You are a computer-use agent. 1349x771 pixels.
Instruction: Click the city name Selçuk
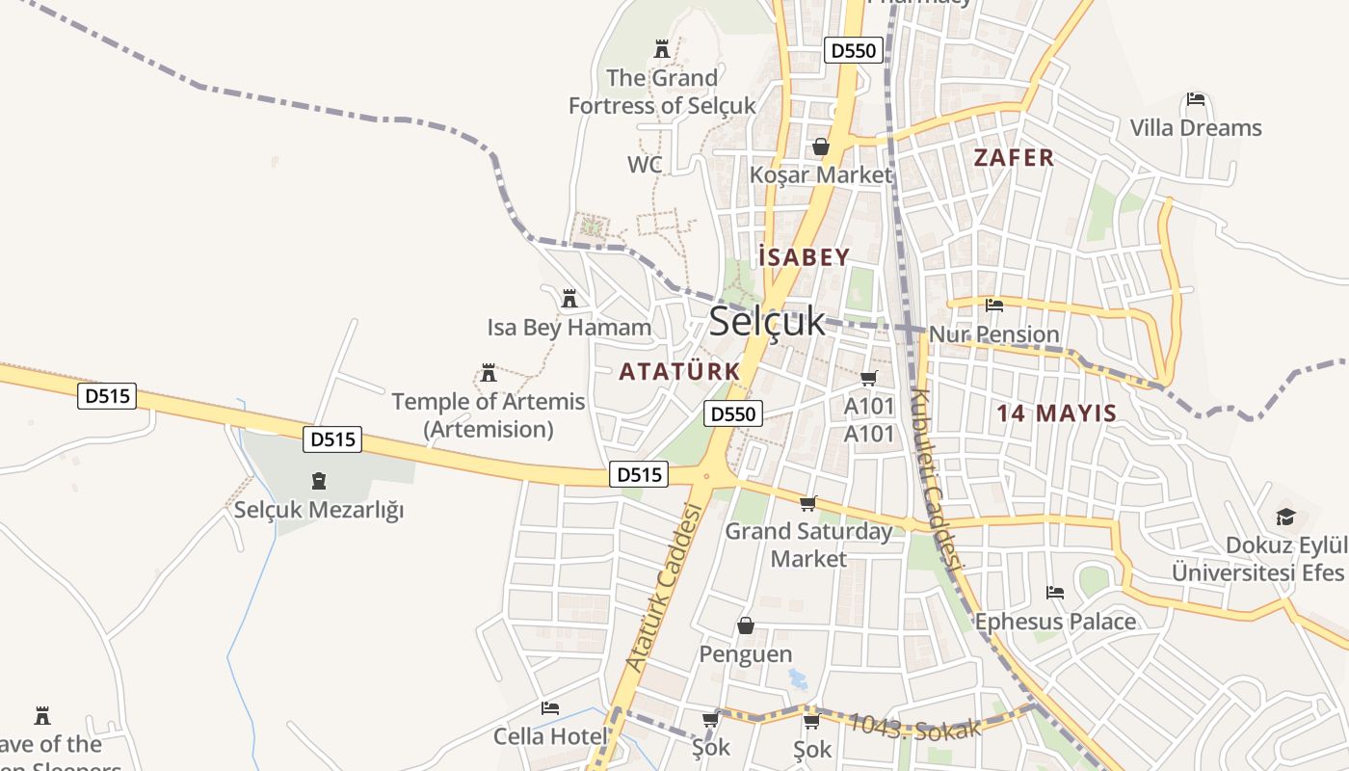[767, 322]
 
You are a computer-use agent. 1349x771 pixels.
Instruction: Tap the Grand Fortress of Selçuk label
[662, 92]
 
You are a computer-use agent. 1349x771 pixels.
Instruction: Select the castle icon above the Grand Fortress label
[662, 48]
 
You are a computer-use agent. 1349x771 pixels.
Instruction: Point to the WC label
[645, 165]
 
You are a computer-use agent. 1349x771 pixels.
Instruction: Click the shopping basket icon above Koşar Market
[821, 147]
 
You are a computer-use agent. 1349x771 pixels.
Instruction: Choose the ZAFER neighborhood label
[1014, 158]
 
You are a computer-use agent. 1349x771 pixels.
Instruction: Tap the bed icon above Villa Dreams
[1196, 99]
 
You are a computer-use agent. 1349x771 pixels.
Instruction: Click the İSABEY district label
[804, 257]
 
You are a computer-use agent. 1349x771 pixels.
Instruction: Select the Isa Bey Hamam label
[569, 328]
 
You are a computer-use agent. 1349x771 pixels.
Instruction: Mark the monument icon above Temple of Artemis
[489, 373]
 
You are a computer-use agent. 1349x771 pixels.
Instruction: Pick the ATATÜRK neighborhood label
[679, 371]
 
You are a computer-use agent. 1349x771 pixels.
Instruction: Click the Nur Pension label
[993, 334]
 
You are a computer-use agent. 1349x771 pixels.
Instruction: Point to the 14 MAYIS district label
[1056, 413]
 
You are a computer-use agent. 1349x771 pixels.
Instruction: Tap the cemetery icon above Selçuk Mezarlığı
[319, 481]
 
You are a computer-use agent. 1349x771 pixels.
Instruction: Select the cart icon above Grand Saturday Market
[808, 503]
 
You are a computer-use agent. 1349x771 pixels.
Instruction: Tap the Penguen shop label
[746, 654]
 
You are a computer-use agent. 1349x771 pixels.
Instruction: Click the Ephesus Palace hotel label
[1055, 622]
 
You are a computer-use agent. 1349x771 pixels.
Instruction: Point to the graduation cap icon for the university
[1285, 518]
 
